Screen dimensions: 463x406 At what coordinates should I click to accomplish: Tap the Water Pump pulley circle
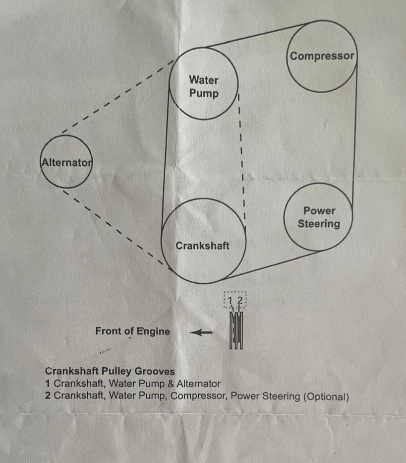(x=204, y=84)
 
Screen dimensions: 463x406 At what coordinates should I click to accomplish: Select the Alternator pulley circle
(x=66, y=162)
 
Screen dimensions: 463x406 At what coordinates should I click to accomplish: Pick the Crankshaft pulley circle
(x=204, y=241)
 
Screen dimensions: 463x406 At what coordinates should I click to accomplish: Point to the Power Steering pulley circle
(x=319, y=217)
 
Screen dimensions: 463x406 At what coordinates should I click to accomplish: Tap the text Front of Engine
(x=132, y=331)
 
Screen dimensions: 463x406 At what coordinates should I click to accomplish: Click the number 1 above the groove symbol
(x=230, y=300)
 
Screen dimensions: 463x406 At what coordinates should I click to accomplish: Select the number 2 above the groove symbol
(x=239, y=300)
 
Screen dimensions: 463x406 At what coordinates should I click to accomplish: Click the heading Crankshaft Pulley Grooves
(x=110, y=371)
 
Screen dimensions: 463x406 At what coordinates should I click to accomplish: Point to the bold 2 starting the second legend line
(x=48, y=397)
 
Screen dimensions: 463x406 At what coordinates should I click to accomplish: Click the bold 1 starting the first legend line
(x=48, y=384)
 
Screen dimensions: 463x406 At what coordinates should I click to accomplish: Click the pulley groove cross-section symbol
(x=236, y=330)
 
